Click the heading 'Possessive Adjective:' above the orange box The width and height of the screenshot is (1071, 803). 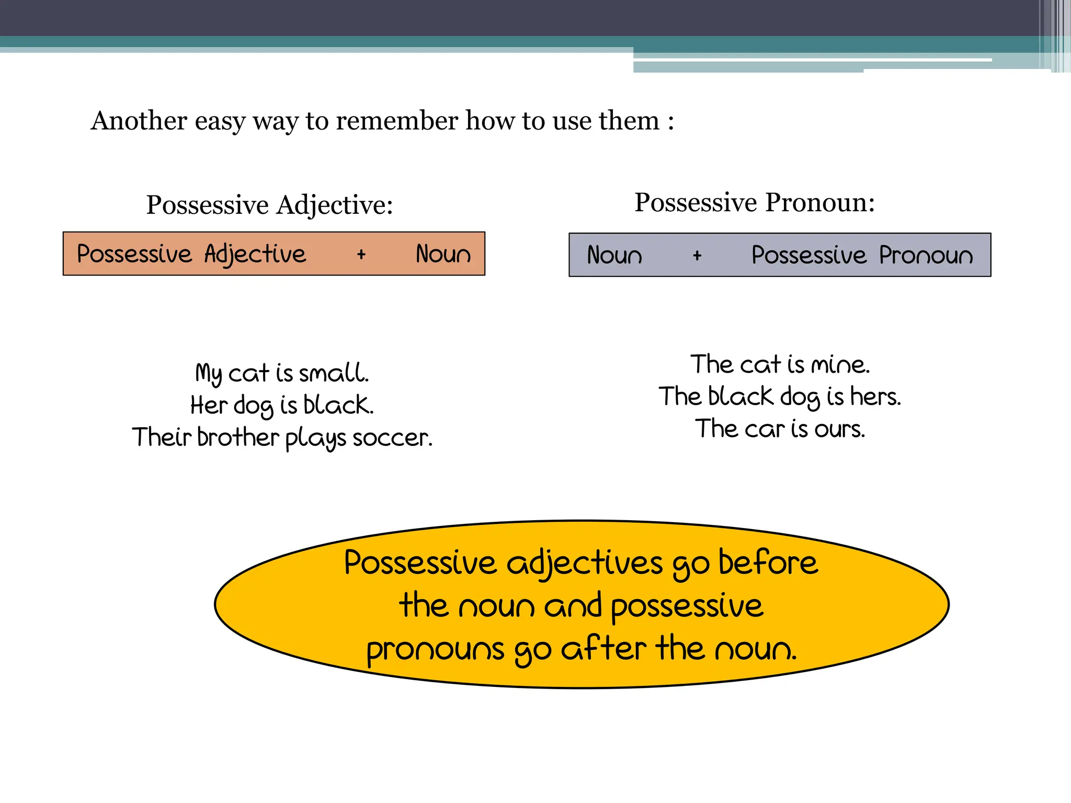click(269, 204)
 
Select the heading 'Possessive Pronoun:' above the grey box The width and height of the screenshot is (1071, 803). click(755, 202)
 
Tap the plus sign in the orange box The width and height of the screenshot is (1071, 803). click(361, 255)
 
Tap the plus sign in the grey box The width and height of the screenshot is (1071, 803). click(697, 256)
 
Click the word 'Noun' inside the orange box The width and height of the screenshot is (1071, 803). click(443, 254)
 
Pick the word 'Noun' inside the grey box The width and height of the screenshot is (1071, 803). click(614, 255)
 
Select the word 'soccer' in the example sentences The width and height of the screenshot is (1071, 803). click(392, 438)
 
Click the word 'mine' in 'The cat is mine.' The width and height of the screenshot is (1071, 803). click(839, 364)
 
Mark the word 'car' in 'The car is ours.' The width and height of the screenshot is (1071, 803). click(765, 429)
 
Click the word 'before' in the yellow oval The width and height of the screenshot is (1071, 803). click(768, 563)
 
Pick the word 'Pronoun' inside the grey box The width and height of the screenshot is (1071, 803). click(926, 255)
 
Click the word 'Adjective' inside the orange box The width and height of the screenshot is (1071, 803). click(255, 255)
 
